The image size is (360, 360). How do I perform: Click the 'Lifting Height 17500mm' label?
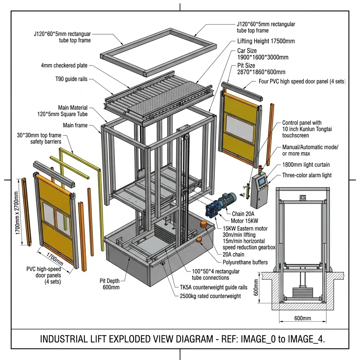coord(266,41)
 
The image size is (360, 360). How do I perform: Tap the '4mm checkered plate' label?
coord(64,65)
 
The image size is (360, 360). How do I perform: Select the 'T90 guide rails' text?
coord(71,79)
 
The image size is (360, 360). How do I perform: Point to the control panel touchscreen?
coord(262,182)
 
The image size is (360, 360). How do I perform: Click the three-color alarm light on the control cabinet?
coord(260,168)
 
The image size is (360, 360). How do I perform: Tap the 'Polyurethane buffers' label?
coord(245,262)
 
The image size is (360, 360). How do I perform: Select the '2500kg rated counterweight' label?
coord(210,296)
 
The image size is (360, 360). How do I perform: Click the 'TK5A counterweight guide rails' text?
coord(213,287)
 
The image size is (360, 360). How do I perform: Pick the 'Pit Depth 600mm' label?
coord(110,284)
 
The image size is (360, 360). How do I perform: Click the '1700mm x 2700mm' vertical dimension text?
coord(16,213)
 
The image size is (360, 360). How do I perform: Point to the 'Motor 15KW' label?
coord(244,221)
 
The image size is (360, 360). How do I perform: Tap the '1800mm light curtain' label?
coord(306,165)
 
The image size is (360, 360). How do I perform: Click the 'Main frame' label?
coord(75,125)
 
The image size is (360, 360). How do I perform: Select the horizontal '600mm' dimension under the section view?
coord(303,318)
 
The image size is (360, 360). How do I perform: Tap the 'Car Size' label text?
coord(247,51)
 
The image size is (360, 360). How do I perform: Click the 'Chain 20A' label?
coord(243,214)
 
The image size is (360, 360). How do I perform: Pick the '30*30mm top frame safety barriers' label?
coord(39,138)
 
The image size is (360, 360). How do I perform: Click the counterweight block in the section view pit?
coord(303,292)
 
